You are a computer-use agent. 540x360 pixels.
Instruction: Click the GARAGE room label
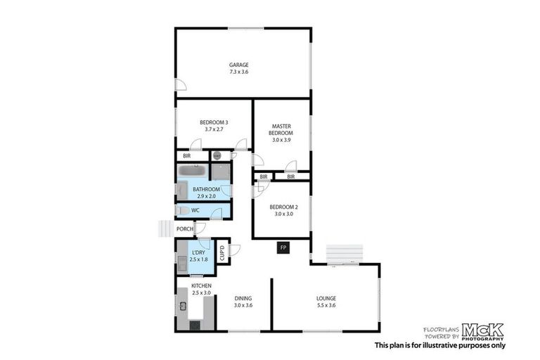238,65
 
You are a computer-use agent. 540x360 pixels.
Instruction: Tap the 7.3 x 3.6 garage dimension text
238,72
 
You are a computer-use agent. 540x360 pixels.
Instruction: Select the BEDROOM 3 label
214,122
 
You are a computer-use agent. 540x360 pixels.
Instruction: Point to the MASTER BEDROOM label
281,129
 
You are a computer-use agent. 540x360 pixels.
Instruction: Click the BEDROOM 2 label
281,207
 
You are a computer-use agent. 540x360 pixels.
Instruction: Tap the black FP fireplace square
283,247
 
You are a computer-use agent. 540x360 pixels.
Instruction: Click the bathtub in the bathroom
192,171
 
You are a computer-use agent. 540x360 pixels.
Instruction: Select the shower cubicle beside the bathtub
221,172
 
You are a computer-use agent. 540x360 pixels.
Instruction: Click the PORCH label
184,229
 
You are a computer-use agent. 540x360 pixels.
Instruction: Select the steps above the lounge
344,253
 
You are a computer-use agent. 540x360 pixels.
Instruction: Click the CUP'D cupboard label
222,252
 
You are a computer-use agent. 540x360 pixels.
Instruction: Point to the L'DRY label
199,252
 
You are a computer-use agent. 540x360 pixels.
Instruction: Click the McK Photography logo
482,331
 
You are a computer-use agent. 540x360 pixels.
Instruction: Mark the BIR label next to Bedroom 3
187,156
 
